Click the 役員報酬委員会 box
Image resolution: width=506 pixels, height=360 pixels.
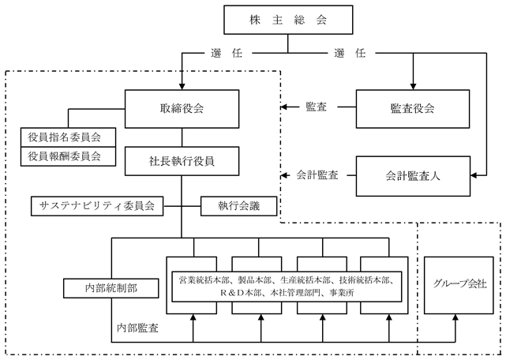coord(71,156)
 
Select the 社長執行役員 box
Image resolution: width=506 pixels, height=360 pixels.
coord(182,162)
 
